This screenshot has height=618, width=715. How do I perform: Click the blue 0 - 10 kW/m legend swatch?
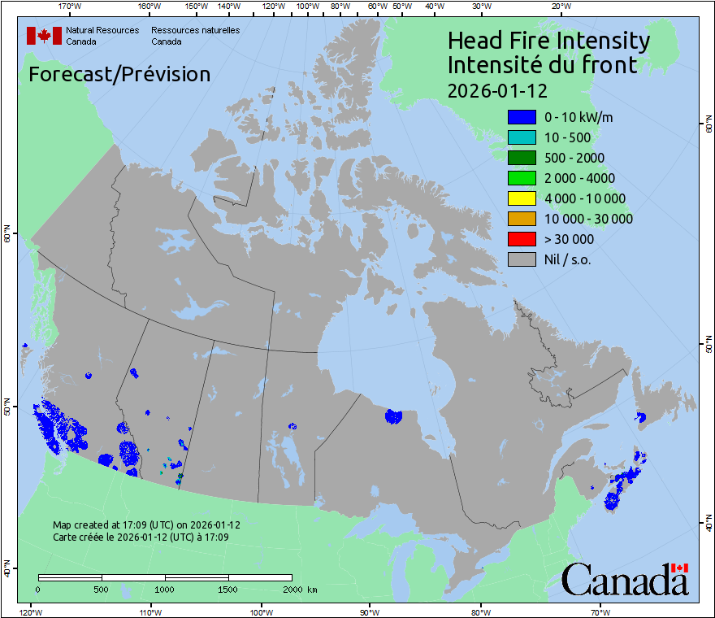(522, 117)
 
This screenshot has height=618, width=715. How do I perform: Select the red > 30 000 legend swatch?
(522, 239)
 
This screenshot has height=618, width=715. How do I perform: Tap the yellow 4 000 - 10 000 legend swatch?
(522, 198)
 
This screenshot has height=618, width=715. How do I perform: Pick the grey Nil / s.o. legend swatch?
(522, 259)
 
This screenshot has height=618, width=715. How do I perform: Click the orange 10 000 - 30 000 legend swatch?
(522, 219)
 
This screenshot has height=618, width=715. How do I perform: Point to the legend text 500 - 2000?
(574, 158)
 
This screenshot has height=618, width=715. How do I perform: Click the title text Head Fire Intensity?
(548, 41)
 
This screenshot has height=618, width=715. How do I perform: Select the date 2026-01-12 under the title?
(497, 89)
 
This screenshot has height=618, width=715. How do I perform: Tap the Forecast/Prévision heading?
(119, 75)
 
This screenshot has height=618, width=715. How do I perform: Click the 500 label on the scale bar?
(102, 589)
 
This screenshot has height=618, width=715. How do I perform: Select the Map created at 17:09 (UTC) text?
(146, 525)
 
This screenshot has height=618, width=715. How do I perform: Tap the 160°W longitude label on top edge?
(148, 7)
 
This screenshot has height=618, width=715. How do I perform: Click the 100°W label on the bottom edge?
(261, 611)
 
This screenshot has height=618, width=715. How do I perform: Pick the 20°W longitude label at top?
(560, 7)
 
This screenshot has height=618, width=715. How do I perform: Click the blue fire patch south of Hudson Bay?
(394, 416)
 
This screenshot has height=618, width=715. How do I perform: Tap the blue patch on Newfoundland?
(641, 417)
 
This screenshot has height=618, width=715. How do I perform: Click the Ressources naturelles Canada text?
(195, 36)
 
